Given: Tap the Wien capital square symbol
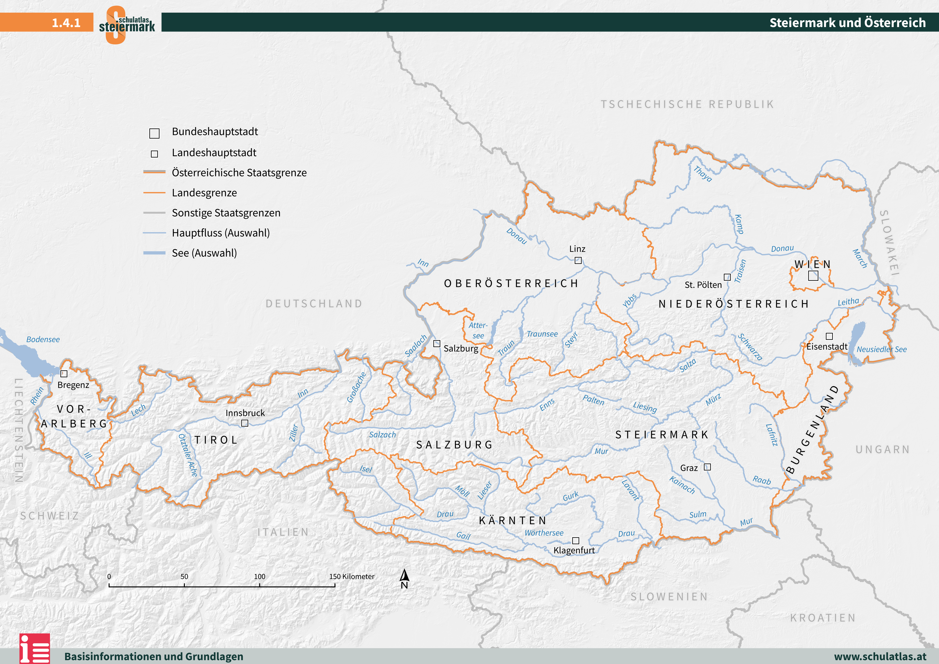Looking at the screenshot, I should point(813,276).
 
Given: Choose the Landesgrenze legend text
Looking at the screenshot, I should point(204,193).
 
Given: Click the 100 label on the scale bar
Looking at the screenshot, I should point(260,576).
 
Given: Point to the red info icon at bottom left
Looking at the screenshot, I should point(35,649).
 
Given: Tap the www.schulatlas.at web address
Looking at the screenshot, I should point(880,656).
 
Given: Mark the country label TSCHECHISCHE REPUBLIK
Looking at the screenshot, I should point(687,104).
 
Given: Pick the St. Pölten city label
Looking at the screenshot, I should point(703,285).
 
